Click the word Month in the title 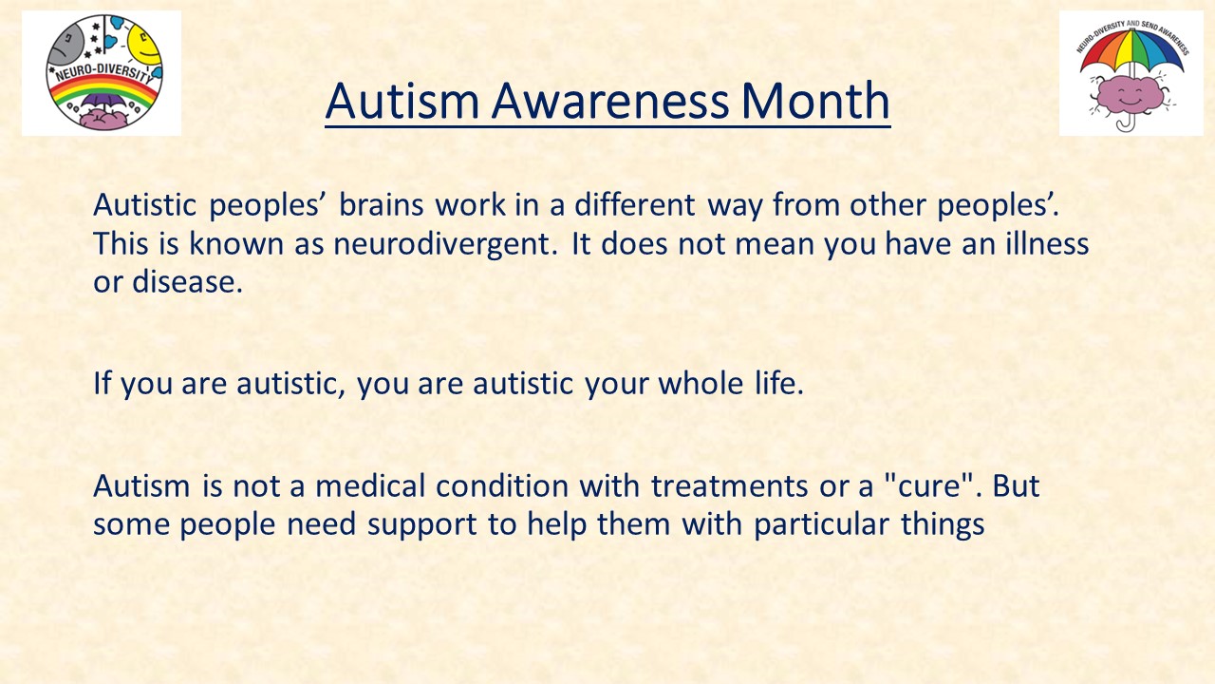815,101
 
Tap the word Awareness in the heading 609,101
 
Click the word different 635,204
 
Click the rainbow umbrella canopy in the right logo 1132,51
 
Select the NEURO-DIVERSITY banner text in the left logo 104,72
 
